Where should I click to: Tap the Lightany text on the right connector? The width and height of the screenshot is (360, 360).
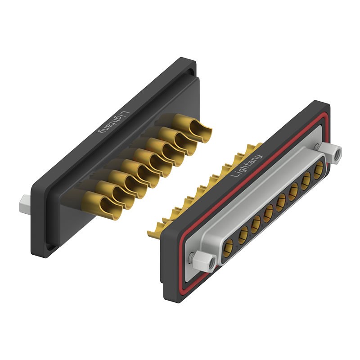[x=246, y=166]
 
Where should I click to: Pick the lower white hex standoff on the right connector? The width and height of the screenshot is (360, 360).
[x=204, y=261]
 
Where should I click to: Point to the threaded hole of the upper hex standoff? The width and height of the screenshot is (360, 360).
[x=337, y=153]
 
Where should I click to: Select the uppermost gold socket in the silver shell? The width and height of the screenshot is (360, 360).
[x=319, y=170]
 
